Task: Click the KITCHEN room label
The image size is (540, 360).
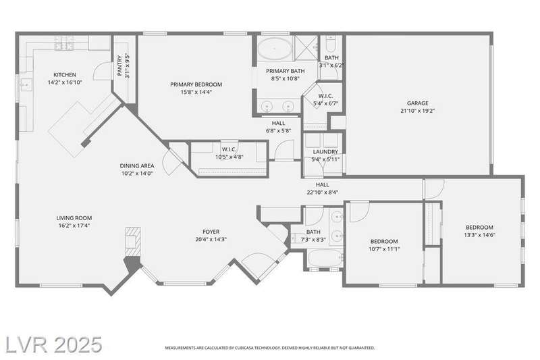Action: (65, 75)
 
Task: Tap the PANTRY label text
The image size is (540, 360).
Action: (119, 66)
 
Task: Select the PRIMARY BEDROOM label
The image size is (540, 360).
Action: (196, 84)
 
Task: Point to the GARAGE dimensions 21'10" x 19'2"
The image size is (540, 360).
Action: (418, 111)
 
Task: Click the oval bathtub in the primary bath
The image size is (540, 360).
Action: (275, 49)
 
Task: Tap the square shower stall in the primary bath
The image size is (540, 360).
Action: (306, 48)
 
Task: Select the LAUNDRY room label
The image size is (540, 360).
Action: (325, 151)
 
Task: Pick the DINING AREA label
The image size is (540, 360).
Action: (137, 165)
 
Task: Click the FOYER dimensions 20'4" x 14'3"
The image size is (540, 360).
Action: (211, 239)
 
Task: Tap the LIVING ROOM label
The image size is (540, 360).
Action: (74, 217)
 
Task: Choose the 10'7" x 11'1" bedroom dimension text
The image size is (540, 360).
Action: (384, 249)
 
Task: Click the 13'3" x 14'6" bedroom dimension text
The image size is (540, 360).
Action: (479, 235)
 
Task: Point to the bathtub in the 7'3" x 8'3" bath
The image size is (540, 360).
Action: (325, 258)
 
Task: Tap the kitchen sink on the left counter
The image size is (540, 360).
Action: (26, 84)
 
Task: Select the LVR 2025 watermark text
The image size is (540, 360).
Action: (54, 344)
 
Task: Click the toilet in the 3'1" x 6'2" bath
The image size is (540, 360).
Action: (331, 43)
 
